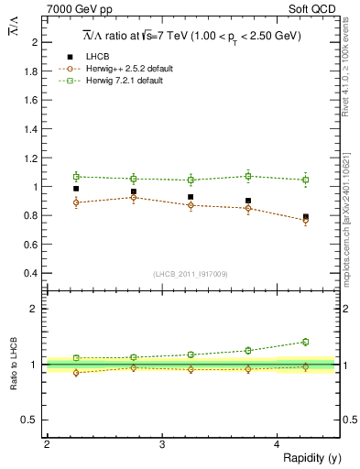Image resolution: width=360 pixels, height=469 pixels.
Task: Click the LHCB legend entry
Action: (98, 58)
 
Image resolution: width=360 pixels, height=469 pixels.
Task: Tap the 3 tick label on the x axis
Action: (161, 444)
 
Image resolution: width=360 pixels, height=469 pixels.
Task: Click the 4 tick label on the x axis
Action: (277, 444)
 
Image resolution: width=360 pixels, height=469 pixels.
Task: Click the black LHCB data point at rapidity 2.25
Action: (76, 189)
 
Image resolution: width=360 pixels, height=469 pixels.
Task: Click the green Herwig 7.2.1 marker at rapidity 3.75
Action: (248, 176)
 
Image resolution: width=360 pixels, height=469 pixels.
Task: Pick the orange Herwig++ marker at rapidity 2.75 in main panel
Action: (134, 197)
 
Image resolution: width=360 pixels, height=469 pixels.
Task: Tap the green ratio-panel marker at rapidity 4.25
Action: (306, 342)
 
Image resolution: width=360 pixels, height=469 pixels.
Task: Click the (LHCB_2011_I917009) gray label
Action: (190, 274)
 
